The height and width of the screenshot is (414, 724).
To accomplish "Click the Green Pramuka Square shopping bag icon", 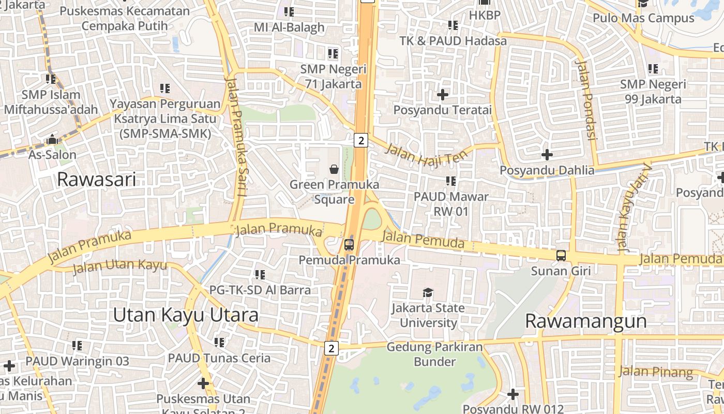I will (334, 169).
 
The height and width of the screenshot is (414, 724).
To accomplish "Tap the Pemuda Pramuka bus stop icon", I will (349, 244).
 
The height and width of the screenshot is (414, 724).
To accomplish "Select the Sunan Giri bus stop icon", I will (561, 255).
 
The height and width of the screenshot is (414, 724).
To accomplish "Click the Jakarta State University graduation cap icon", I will (428, 293).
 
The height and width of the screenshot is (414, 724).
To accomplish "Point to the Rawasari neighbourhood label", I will (96, 180).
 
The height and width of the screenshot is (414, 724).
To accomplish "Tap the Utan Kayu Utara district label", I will (186, 315).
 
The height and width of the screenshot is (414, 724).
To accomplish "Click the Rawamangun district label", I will (585, 321).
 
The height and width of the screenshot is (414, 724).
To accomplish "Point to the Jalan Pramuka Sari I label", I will (237, 137).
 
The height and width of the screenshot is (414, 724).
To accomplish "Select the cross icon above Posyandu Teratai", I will (443, 95).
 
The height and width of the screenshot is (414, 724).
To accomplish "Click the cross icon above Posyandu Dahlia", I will (547, 154).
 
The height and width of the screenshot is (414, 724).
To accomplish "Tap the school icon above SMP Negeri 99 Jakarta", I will (653, 68).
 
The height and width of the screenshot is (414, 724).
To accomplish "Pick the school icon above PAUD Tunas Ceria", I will (219, 342).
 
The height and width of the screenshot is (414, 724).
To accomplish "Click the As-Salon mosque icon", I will (52, 140).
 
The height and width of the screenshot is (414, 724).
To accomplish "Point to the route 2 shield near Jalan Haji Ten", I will (361, 140).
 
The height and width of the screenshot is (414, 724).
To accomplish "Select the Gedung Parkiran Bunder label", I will (434, 354).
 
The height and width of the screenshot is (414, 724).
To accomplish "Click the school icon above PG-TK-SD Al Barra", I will (260, 274).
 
